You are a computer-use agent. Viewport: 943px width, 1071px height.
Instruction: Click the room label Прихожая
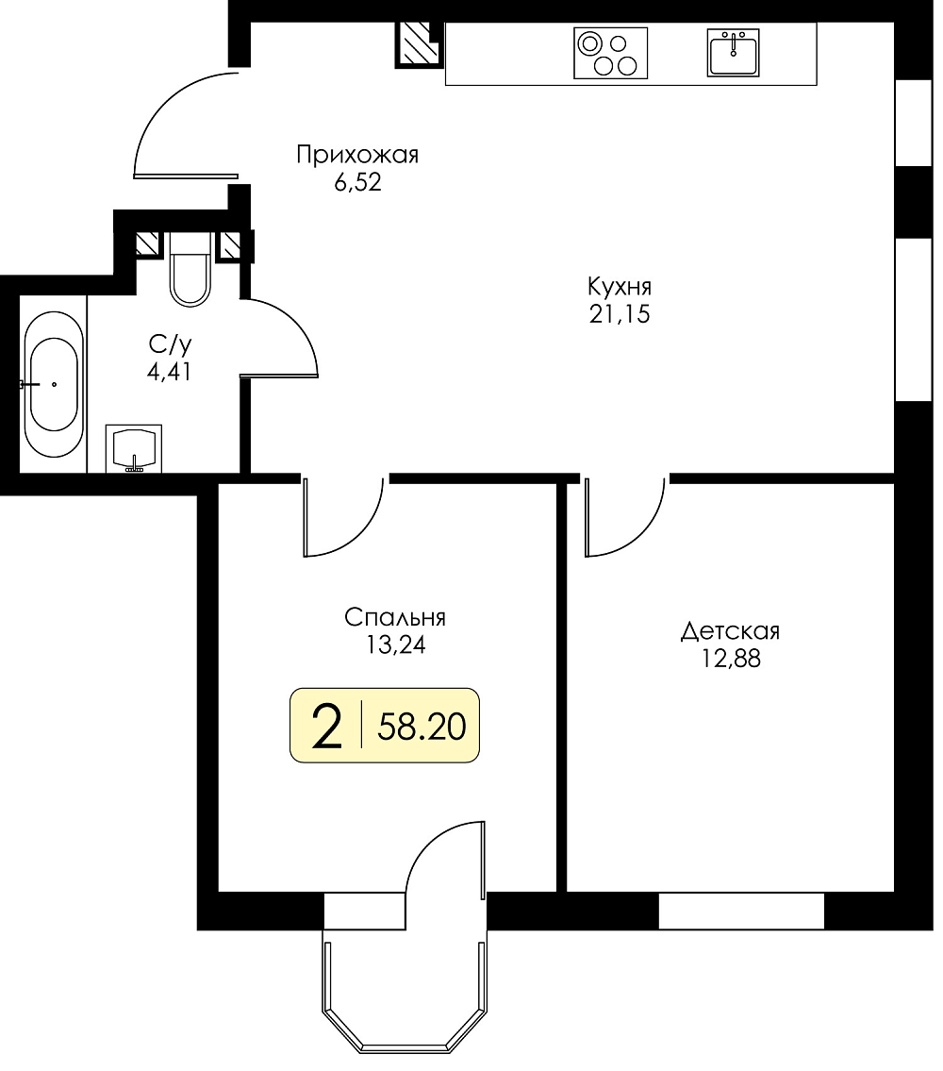click(x=357, y=156)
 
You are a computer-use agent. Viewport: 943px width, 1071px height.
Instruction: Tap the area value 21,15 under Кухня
click(x=620, y=314)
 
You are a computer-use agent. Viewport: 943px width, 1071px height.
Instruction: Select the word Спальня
click(x=395, y=617)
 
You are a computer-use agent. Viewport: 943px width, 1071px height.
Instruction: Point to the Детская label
click(x=730, y=631)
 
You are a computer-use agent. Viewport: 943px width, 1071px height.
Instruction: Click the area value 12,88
click(x=731, y=660)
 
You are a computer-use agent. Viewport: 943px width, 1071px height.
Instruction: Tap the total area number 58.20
click(x=422, y=726)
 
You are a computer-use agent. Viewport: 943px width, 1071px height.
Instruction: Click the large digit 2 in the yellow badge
click(x=326, y=726)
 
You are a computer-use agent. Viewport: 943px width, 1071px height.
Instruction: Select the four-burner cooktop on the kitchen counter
click(x=610, y=53)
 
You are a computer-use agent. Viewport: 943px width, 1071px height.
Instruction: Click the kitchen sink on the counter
click(x=733, y=52)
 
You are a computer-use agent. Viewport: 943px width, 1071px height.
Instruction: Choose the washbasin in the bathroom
click(x=134, y=448)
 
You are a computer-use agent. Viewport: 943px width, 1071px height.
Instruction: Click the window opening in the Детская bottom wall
click(x=741, y=911)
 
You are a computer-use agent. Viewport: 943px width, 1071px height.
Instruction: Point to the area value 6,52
click(x=357, y=183)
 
